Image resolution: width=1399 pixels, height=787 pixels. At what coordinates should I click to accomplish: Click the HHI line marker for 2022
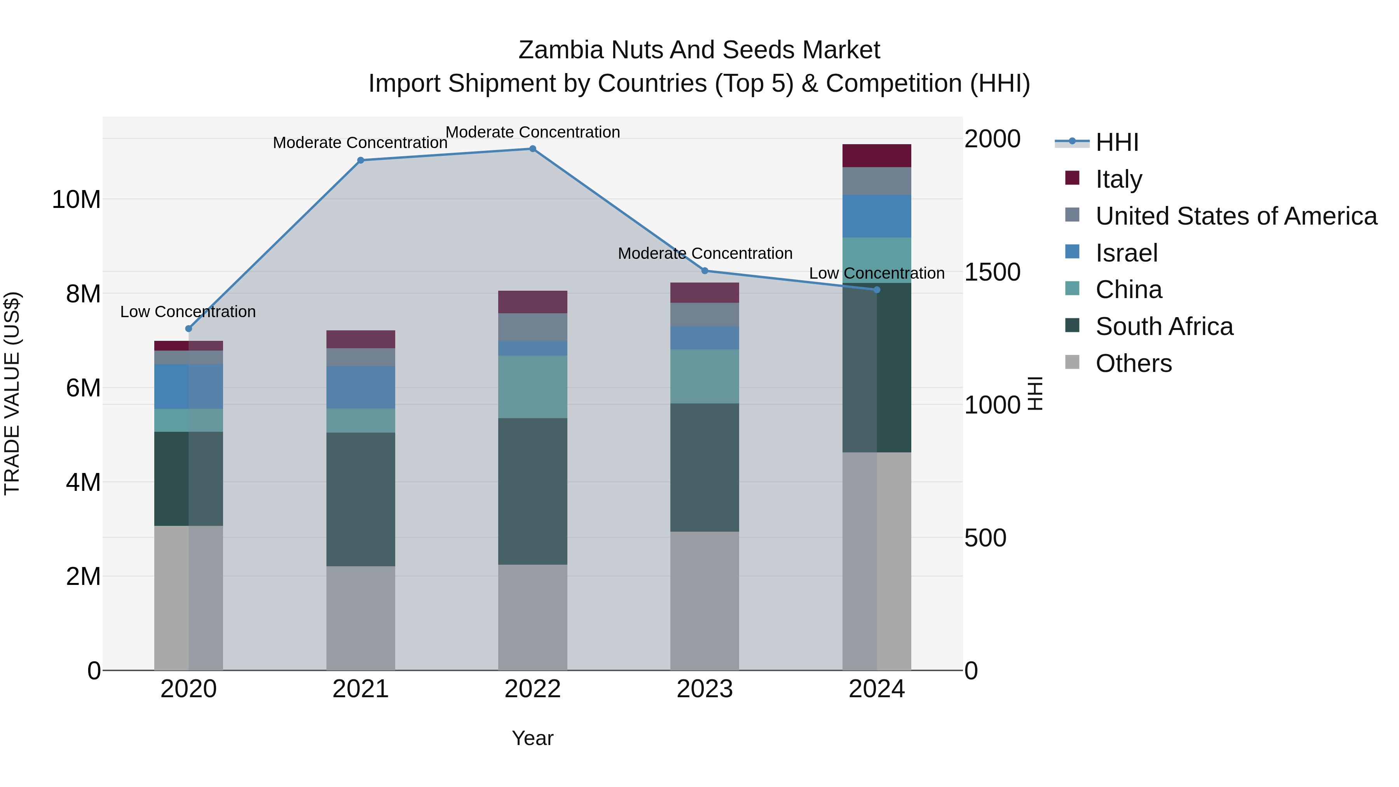pyautogui.click(x=532, y=149)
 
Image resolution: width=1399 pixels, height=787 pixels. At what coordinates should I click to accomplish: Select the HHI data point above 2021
pyautogui.click(x=361, y=160)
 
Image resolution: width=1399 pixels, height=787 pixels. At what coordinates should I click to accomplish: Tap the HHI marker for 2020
pyautogui.click(x=188, y=328)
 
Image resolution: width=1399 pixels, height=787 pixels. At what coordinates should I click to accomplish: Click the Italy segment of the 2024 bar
pyautogui.click(x=877, y=156)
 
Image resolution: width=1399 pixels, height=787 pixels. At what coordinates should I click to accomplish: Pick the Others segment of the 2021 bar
pyautogui.click(x=361, y=618)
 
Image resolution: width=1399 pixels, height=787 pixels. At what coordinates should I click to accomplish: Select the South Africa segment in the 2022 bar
pyautogui.click(x=532, y=492)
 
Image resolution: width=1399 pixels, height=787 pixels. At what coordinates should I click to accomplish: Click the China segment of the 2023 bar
pyautogui.click(x=705, y=376)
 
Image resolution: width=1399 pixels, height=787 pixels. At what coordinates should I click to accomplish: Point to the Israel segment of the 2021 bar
pyautogui.click(x=361, y=387)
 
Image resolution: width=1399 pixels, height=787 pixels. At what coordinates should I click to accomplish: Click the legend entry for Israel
pyautogui.click(x=1126, y=253)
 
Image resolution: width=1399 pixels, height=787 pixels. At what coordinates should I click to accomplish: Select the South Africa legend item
pyautogui.click(x=1164, y=326)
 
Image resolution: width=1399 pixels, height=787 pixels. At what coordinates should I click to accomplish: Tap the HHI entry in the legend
pyautogui.click(x=1116, y=142)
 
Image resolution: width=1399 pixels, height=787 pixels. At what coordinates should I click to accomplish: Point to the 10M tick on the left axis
pyautogui.click(x=76, y=200)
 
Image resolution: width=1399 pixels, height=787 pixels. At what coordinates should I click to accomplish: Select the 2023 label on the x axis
pyautogui.click(x=705, y=689)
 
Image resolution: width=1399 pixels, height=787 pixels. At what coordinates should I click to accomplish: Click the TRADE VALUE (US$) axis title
pyautogui.click(x=12, y=393)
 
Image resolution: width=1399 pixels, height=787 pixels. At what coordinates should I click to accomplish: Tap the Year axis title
pyautogui.click(x=532, y=738)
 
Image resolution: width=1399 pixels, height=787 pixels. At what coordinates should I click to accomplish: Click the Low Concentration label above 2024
pyautogui.click(x=877, y=273)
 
